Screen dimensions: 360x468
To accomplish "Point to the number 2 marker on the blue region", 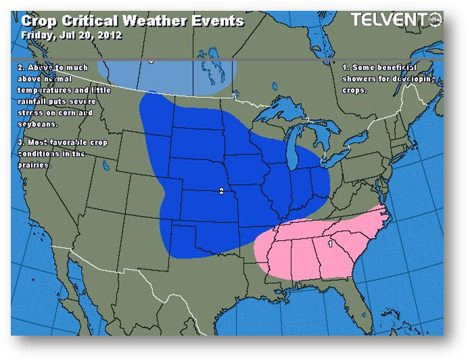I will pyautogui.click(x=221, y=192).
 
